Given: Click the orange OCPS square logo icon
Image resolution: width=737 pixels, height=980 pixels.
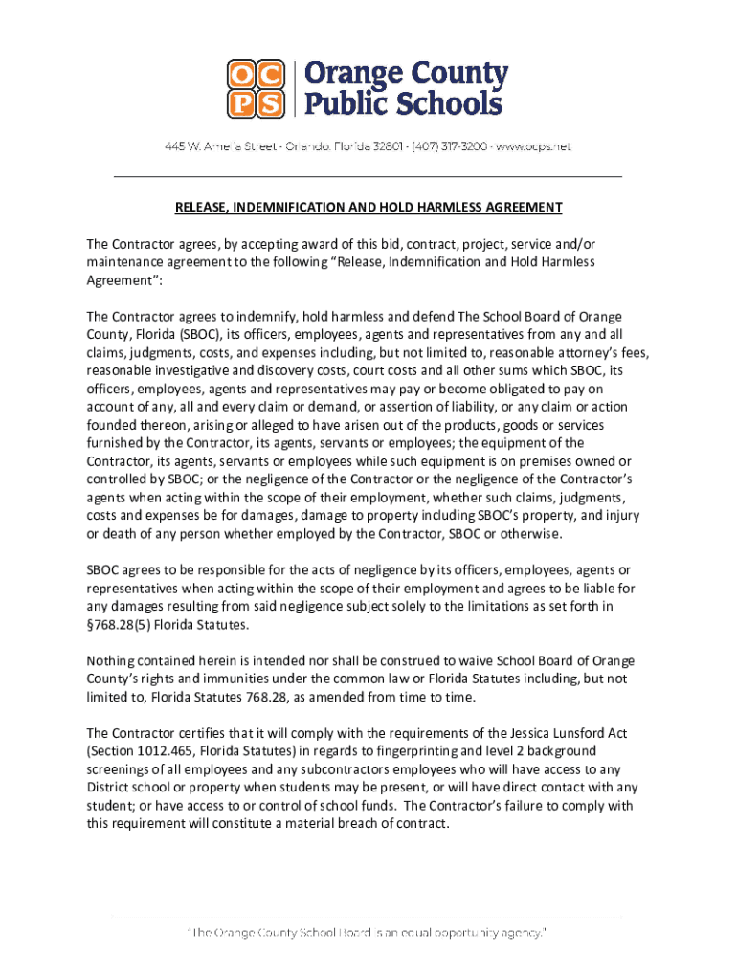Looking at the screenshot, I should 256,88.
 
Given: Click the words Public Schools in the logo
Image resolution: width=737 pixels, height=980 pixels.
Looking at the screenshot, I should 403,103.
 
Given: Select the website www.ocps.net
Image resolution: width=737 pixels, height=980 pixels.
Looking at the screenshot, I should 534,146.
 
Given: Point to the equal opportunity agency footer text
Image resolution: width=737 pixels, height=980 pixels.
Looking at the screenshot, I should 368,932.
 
